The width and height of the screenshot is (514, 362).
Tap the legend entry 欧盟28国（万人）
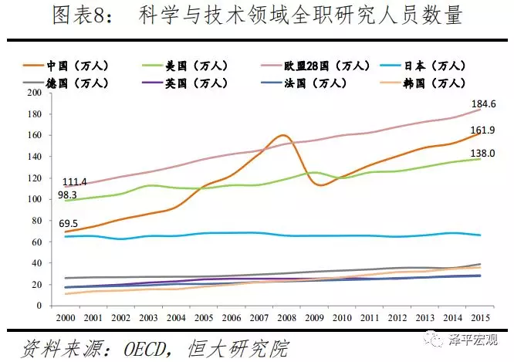pos(308,66)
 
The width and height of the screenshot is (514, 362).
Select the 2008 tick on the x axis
pos(283,317)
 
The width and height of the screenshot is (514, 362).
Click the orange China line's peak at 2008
pos(282,135)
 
